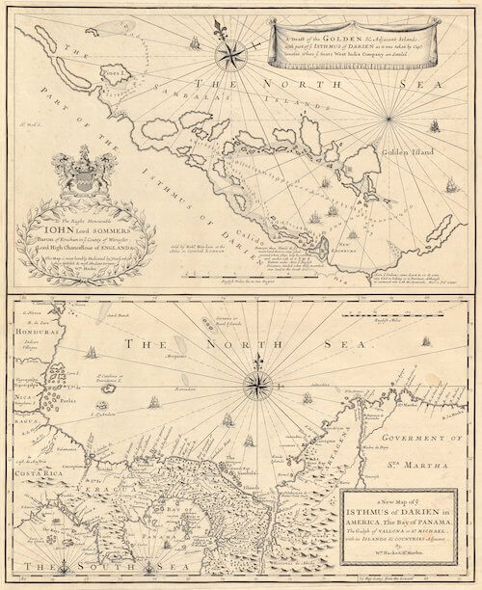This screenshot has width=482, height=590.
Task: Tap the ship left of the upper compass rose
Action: tap(192, 42)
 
